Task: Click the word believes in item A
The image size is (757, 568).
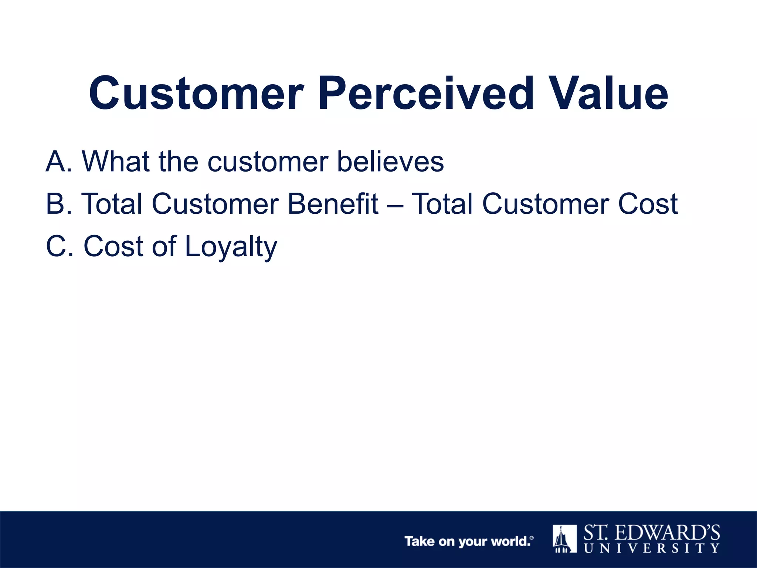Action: click(390, 162)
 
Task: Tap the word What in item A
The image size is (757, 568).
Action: click(116, 162)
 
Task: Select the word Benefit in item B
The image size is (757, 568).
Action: click(333, 204)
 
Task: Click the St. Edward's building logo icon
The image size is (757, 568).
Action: click(564, 538)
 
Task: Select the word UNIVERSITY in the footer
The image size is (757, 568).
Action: click(652, 548)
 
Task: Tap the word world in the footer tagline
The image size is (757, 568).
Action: click(510, 541)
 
